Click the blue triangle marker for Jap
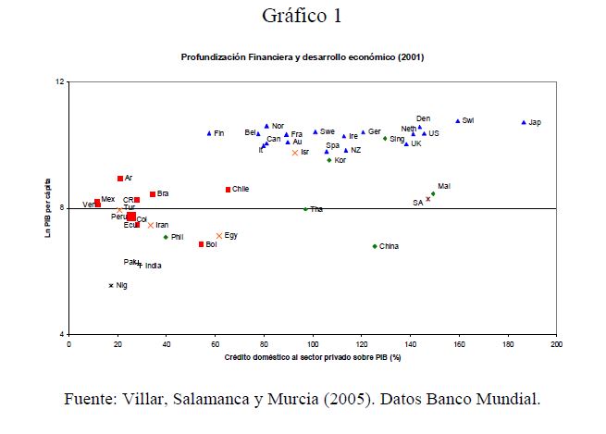[x=524, y=122]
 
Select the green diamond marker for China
[x=375, y=246]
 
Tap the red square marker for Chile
[x=228, y=190]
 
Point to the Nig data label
[x=121, y=285]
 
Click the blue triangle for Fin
[x=209, y=133]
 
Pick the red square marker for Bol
[x=201, y=244]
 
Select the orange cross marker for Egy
[x=219, y=236]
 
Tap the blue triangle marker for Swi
[x=457, y=120]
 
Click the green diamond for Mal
[x=433, y=194]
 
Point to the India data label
[x=153, y=266]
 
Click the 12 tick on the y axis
[x=60, y=82]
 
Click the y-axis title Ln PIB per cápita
[x=48, y=207]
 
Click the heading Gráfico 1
[x=302, y=16]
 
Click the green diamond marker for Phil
[x=166, y=237]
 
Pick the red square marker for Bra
[x=153, y=194]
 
